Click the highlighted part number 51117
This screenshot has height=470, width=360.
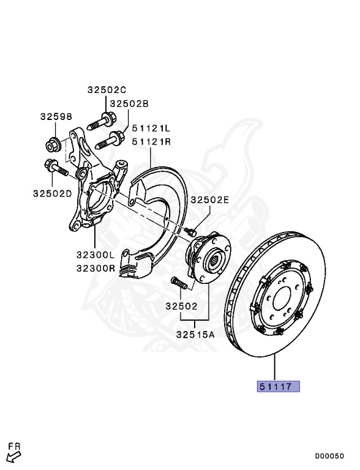279,386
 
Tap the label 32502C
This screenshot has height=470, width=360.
107,89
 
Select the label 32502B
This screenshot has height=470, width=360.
129,103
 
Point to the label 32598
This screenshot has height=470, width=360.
56,116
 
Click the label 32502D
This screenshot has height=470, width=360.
53,193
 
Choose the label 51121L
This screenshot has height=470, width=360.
151,129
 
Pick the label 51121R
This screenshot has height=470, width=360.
151,141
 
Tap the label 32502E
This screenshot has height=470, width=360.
210,200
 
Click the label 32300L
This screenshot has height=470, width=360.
96,255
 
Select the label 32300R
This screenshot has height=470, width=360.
96,267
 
